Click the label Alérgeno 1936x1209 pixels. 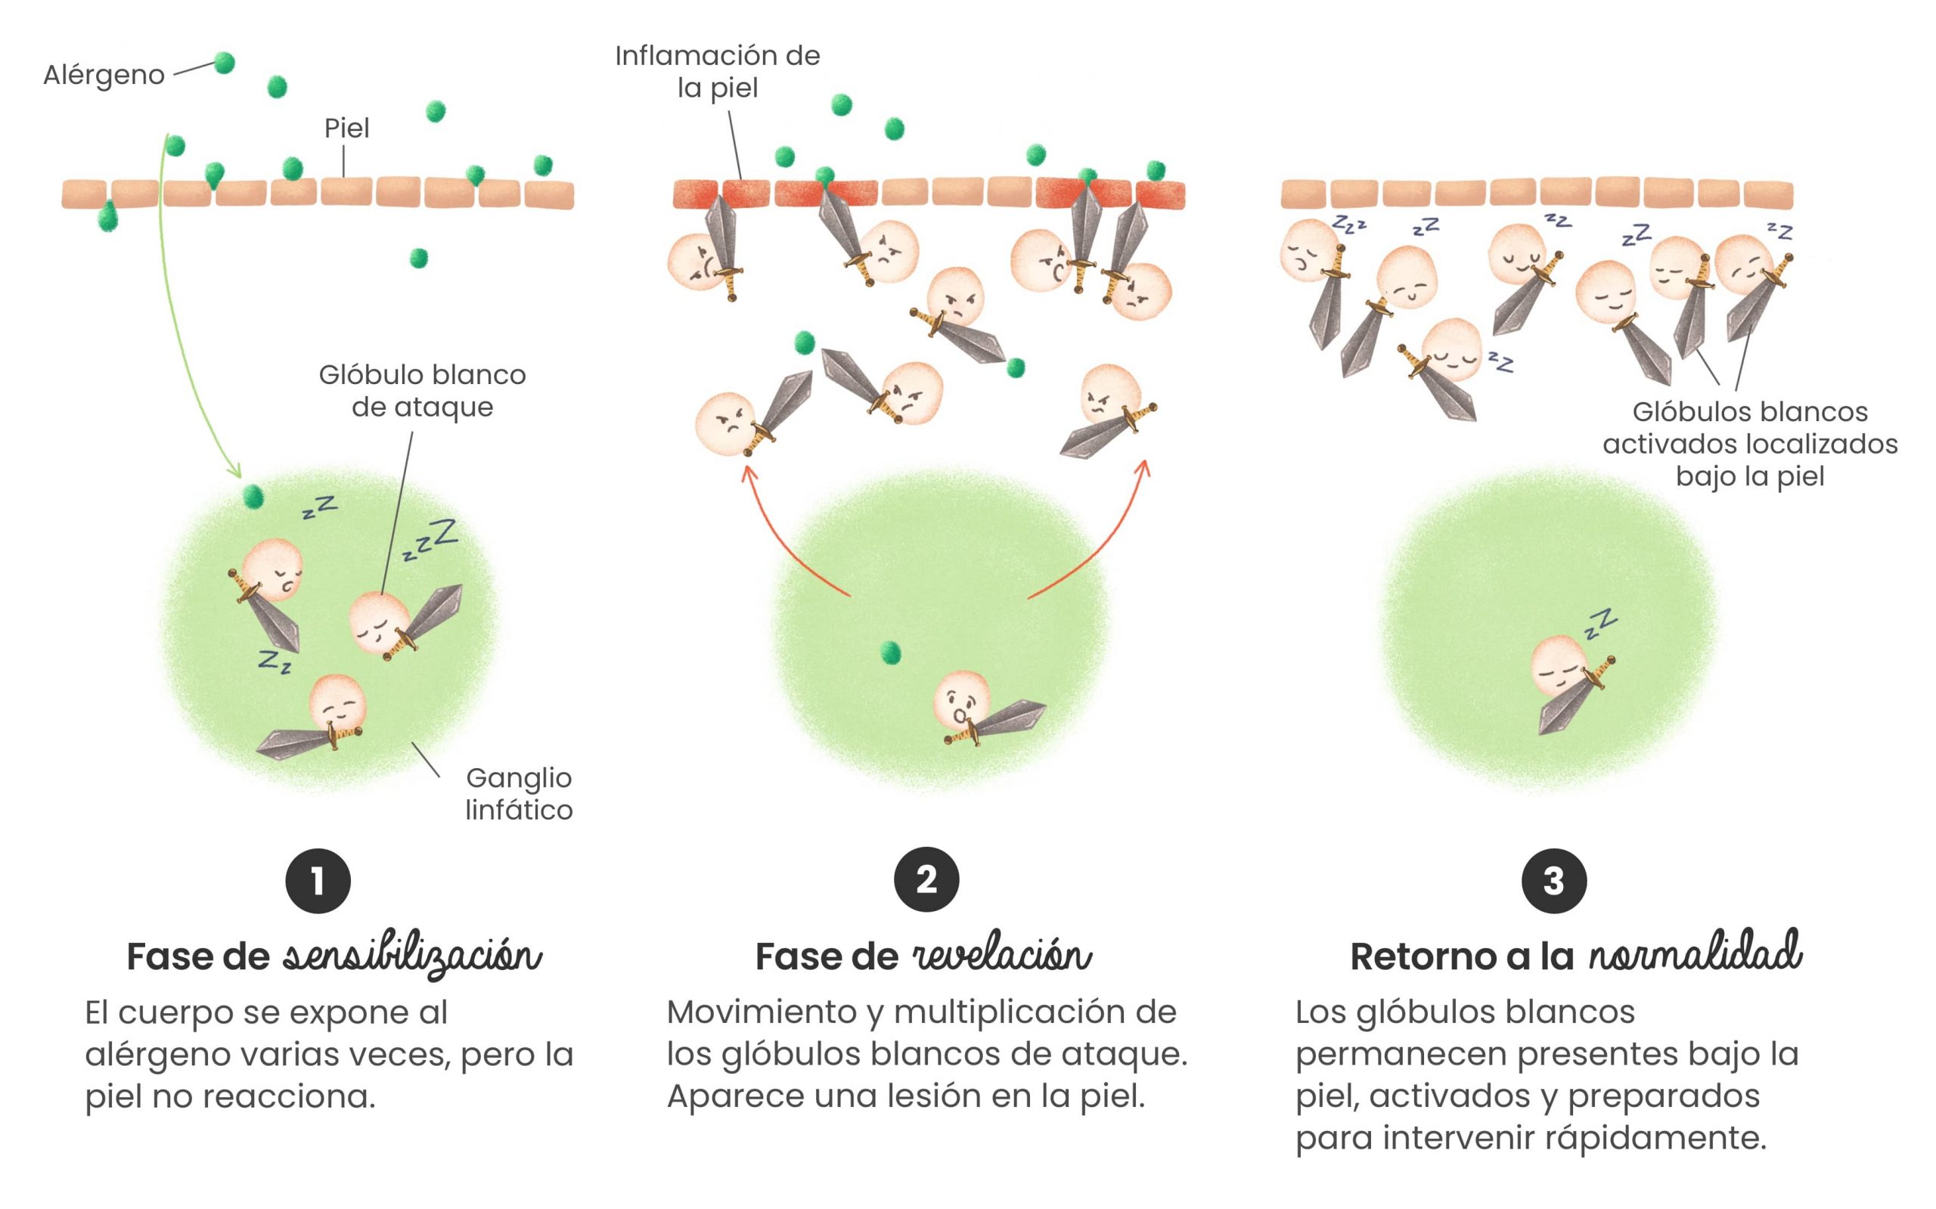(x=104, y=74)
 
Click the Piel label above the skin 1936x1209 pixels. (x=346, y=128)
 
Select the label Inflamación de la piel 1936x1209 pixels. (x=718, y=71)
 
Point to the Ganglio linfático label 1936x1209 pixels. (x=519, y=793)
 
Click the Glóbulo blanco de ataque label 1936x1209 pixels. (x=422, y=390)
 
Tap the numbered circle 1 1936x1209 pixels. (x=318, y=880)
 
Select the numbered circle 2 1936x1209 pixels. (x=926, y=879)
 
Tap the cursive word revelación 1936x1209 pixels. (x=1002, y=956)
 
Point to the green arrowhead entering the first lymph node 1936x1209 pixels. (x=234, y=471)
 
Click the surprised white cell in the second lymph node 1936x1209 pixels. (x=962, y=700)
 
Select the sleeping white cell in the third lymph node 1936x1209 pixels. (x=1559, y=665)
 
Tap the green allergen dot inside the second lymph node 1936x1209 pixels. (x=890, y=653)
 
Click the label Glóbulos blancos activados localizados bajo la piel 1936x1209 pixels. (x=1750, y=444)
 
